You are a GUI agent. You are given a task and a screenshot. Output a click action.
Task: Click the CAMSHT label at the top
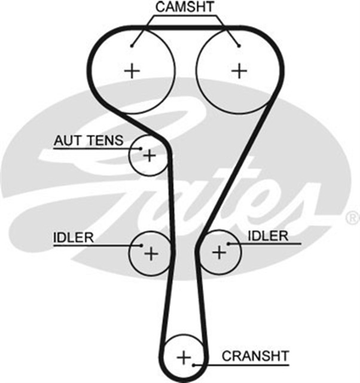(185, 8)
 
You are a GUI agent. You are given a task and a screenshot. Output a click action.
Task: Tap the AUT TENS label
(89, 141)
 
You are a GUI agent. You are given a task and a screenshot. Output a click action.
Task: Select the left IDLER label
(73, 237)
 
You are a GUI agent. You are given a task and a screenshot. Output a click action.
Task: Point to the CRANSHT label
(255, 355)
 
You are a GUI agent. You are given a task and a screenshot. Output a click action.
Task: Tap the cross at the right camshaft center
(239, 71)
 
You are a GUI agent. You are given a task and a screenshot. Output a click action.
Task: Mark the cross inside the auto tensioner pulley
(148, 157)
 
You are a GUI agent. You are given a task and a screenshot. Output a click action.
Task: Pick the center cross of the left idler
(151, 253)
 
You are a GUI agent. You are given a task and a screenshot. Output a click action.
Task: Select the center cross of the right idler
(219, 251)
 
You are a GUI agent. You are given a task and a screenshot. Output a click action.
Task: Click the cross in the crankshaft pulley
(184, 358)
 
